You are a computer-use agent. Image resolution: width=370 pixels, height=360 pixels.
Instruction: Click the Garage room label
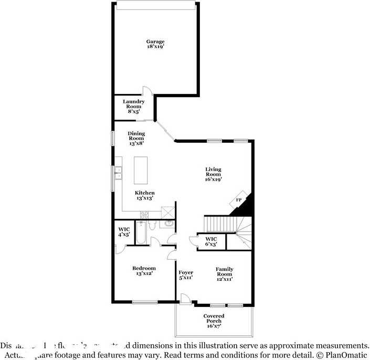(x=155, y=44)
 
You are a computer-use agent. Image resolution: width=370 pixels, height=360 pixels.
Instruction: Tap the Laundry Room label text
(x=134, y=107)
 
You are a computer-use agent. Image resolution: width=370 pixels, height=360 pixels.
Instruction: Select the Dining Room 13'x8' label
(x=136, y=138)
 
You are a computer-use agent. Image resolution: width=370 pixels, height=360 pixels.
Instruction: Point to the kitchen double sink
(x=119, y=173)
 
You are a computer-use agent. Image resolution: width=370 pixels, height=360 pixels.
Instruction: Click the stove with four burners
(x=144, y=214)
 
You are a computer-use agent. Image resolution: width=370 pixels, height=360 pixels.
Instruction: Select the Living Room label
(x=213, y=174)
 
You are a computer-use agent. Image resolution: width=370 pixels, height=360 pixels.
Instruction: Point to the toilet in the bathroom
(x=152, y=225)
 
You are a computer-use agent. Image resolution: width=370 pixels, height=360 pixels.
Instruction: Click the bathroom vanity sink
(x=169, y=224)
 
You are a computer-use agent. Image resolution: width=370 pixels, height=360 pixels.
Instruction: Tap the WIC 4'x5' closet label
(x=124, y=231)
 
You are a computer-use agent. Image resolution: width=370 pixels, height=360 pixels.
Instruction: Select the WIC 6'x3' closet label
(x=211, y=241)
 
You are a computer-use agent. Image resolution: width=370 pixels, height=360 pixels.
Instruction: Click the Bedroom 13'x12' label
(x=143, y=271)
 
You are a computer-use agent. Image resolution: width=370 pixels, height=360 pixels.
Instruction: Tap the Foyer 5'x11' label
(x=186, y=275)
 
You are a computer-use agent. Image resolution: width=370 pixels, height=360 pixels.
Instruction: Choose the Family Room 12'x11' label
(x=225, y=274)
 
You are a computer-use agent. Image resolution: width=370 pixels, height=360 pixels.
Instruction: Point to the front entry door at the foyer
(x=185, y=299)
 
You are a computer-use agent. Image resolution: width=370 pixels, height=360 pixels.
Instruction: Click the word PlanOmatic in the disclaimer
(x=346, y=355)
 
